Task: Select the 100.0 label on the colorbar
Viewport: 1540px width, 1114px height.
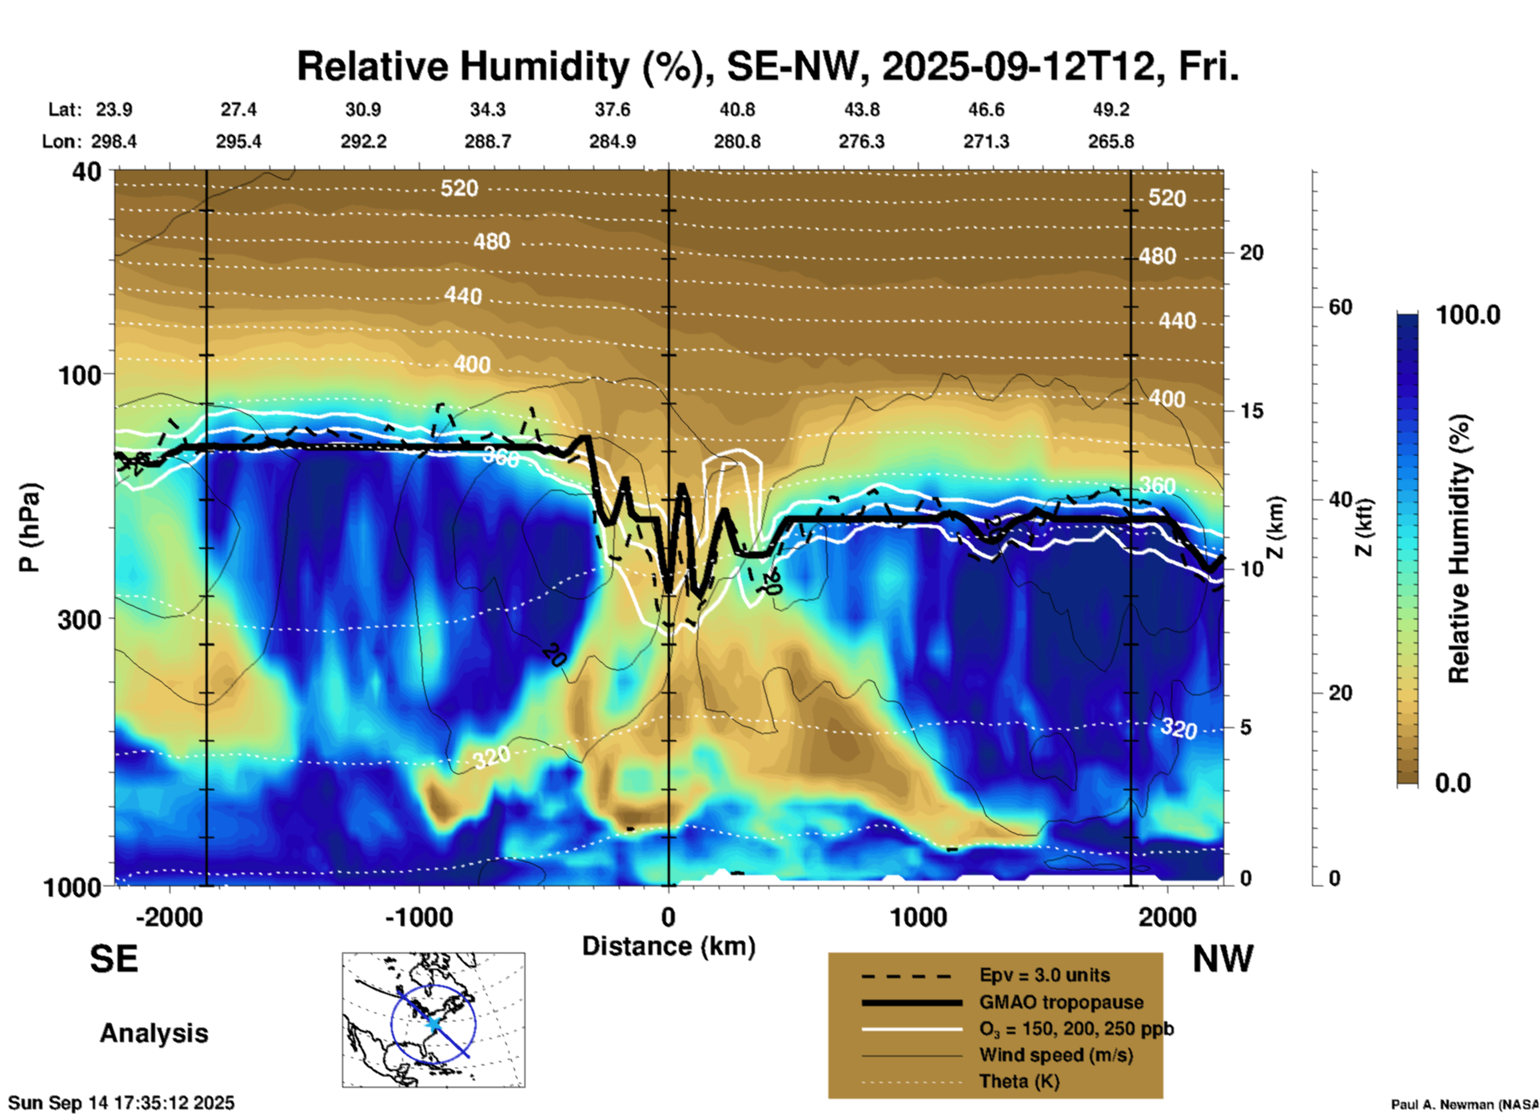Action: coord(1468,315)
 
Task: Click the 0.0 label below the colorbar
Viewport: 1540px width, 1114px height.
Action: coord(1453,783)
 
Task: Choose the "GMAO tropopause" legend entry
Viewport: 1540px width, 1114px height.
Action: coord(1061,1002)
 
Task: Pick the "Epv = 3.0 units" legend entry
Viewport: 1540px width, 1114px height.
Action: coord(1044,975)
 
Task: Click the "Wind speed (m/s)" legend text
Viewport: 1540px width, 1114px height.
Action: coord(1055,1055)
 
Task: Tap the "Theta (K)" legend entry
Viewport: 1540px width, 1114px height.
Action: coord(1019,1081)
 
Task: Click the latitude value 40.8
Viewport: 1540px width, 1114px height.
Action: coord(736,109)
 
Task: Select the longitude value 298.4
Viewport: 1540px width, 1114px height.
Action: coord(114,141)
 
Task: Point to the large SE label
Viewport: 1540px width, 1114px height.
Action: coord(114,959)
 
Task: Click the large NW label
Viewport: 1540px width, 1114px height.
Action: coord(1223,959)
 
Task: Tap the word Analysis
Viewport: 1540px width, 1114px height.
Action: coord(154,1033)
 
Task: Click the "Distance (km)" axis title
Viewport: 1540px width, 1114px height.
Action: coord(668,946)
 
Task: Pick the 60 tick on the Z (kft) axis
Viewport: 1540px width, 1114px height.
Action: coord(1340,307)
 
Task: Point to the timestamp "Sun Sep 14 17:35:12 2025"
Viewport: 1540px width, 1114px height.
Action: coord(121,1103)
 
